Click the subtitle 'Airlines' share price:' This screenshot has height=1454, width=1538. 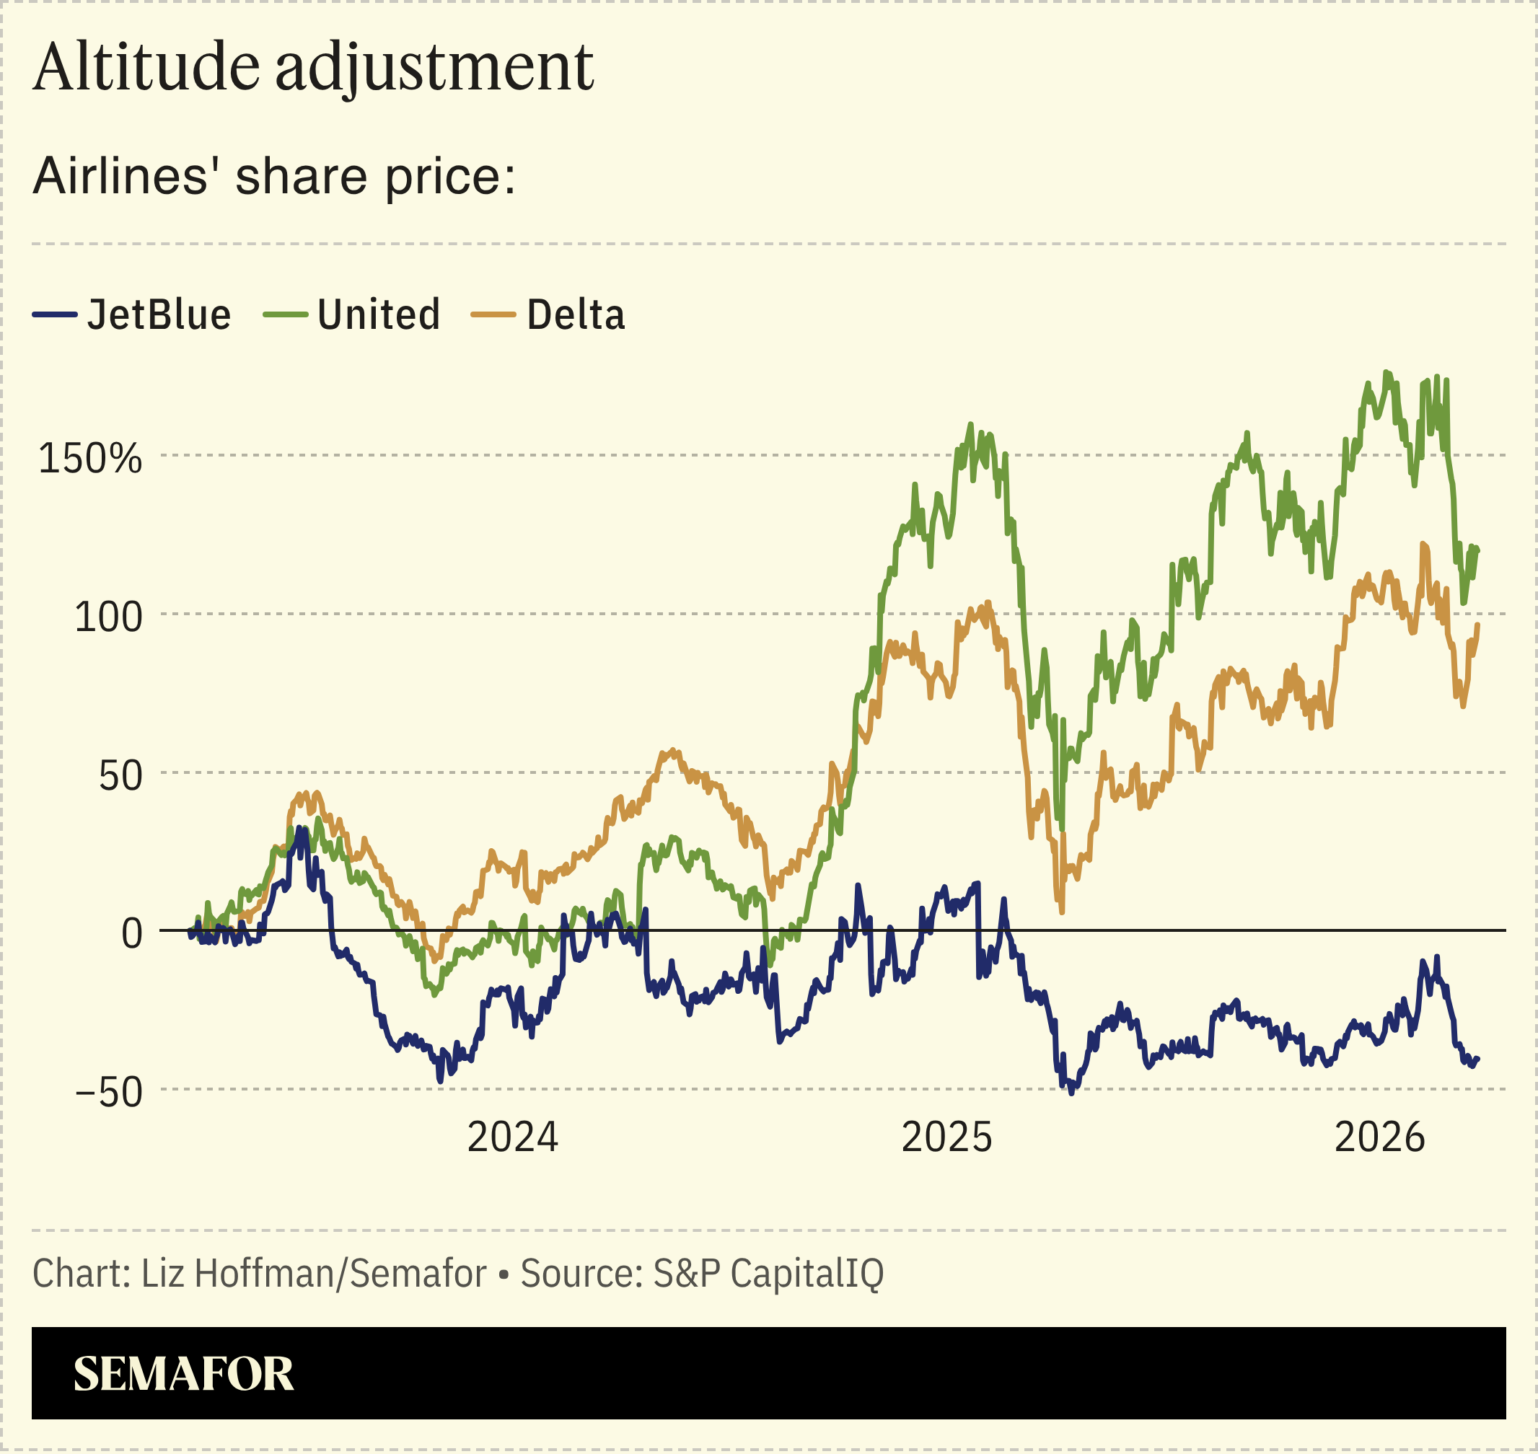point(273,176)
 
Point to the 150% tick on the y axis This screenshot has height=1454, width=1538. point(90,458)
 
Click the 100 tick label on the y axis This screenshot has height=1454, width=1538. point(108,617)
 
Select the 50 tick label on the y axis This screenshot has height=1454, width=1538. point(120,776)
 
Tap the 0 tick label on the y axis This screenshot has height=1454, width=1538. point(132,934)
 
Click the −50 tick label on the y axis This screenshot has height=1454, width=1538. point(108,1093)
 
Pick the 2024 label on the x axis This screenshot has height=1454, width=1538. point(512,1138)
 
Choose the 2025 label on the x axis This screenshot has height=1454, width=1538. point(946,1138)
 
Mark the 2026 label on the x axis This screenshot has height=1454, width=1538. point(1380,1138)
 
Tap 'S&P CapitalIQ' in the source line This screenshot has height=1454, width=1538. point(768,1274)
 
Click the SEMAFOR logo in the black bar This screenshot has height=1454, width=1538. point(184,1374)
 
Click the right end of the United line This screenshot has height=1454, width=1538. point(1478,551)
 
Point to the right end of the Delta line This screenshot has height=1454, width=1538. point(1477,625)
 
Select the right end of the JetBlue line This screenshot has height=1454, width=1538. point(1478,1059)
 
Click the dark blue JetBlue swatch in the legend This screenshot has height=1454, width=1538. point(54,314)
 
